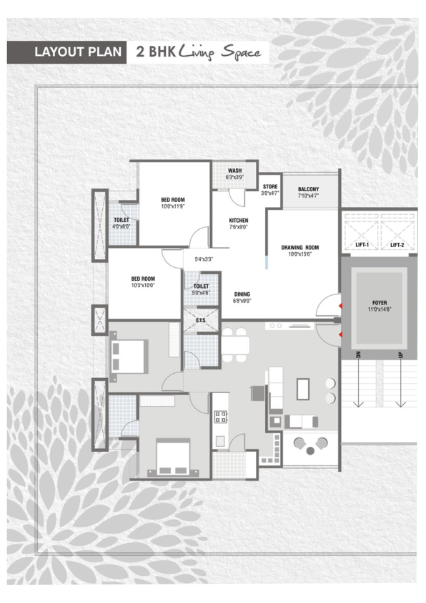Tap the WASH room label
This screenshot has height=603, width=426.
coord(235,170)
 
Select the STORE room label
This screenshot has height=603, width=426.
coord(270,186)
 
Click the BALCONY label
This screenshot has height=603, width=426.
coord(309,189)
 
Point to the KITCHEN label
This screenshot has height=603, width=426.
coord(239,221)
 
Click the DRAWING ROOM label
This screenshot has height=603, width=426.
coord(300,247)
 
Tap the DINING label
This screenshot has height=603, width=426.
coord(242,294)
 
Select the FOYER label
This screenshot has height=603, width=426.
coord(380,303)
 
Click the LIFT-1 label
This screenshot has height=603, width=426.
coord(362,245)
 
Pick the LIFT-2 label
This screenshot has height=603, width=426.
coord(397,245)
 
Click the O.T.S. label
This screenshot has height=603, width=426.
coord(201,320)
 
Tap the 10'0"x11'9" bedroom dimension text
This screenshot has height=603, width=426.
coord(173,206)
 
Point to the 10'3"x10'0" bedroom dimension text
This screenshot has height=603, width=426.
coord(143,285)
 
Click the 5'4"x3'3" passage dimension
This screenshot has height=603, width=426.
coord(204,259)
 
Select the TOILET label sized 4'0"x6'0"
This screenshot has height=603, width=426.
coord(122,220)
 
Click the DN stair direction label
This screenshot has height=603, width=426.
coord(358,354)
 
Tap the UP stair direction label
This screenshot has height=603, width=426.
coord(401,354)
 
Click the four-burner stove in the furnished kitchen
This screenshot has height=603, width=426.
coord(221,417)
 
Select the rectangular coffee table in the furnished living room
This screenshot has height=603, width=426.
coord(303,389)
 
